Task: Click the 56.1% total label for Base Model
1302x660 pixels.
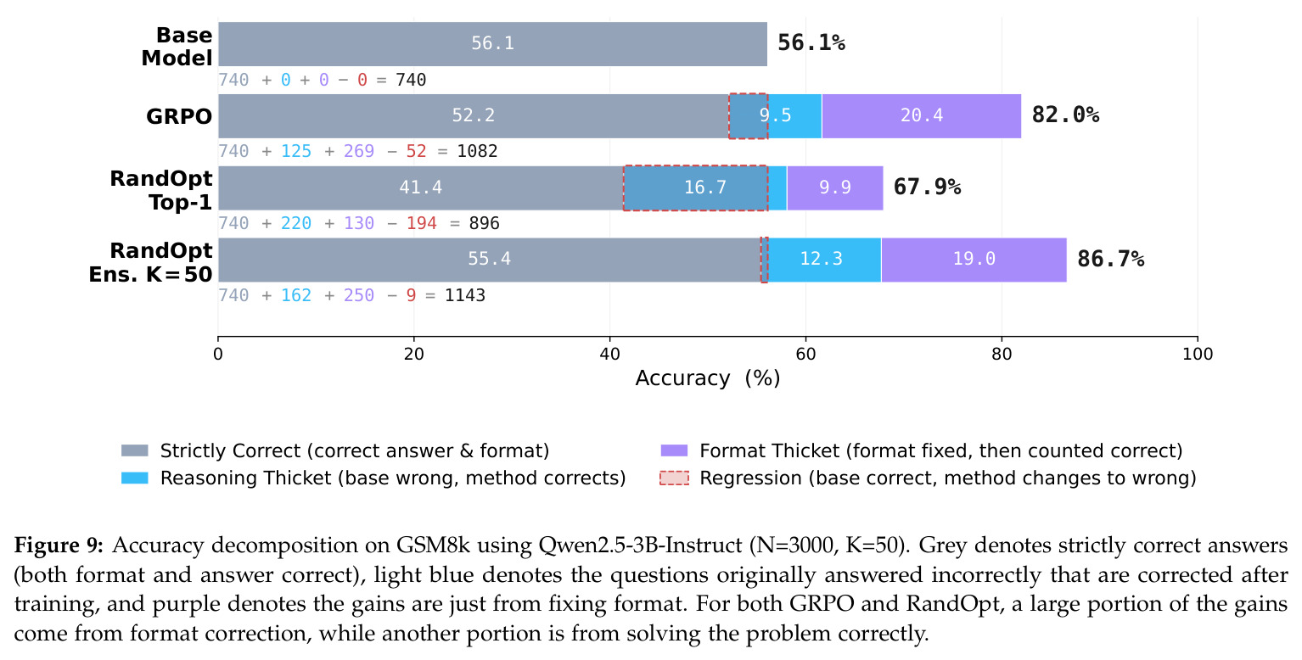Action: coord(811,43)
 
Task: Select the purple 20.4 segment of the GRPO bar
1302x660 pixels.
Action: coord(921,115)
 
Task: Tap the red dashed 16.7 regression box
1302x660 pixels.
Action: coord(696,187)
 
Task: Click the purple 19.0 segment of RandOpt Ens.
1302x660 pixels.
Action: coord(974,259)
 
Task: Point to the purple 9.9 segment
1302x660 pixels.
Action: coord(834,187)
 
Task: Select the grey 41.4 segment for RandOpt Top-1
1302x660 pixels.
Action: coord(421,187)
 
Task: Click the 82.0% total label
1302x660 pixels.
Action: coord(1065,115)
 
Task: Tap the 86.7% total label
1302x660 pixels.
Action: coord(1111,259)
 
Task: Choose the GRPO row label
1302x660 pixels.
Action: coord(179,116)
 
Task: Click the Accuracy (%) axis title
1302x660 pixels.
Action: coord(707,378)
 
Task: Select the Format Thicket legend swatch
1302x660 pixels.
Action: coord(674,450)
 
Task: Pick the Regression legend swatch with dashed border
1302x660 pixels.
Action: coord(674,478)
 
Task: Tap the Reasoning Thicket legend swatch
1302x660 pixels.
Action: coord(135,478)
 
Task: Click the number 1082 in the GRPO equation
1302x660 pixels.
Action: coord(477,152)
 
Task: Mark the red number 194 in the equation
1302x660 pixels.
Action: coord(421,224)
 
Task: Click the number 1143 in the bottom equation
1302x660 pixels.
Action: coord(465,296)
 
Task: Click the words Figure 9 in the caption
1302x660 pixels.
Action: coord(59,545)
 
